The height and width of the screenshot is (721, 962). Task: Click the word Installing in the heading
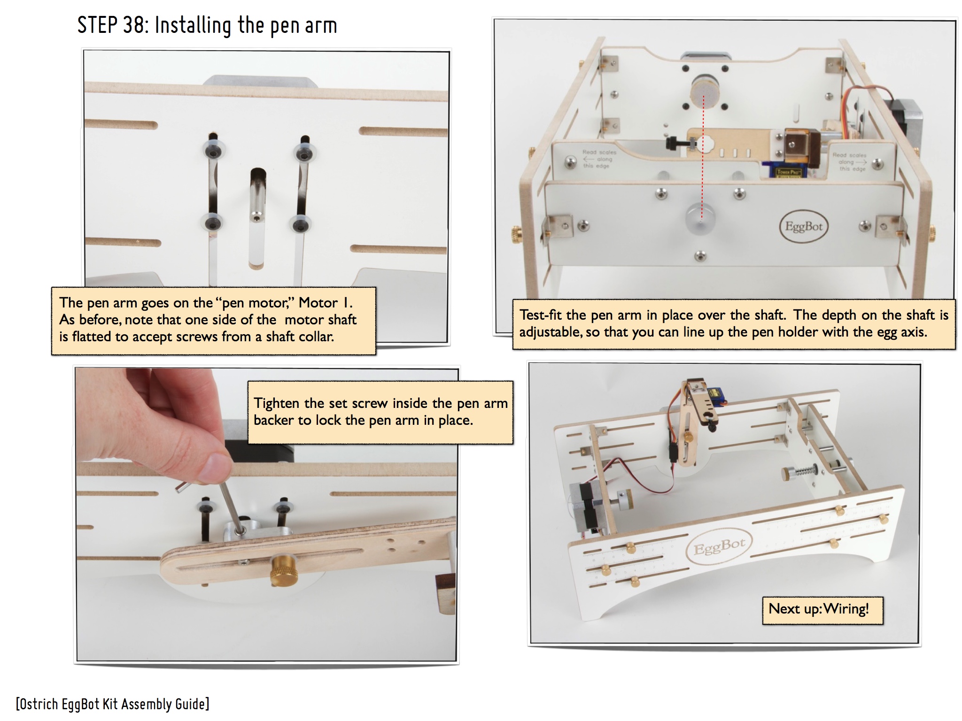(193, 26)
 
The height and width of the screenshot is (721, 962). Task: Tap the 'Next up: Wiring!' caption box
(822, 610)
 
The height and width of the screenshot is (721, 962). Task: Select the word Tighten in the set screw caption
(276, 403)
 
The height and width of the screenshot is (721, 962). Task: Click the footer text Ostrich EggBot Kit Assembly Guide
(113, 704)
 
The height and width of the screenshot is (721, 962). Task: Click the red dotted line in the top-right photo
(703, 157)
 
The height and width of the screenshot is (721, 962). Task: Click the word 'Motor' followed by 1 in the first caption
(318, 303)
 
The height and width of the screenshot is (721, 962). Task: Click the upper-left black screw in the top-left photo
(213, 149)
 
